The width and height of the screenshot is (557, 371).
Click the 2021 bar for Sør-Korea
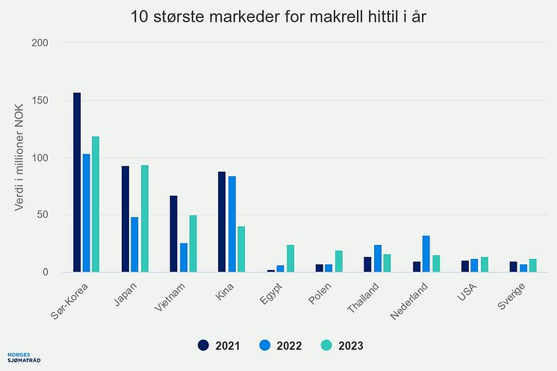(x=77, y=182)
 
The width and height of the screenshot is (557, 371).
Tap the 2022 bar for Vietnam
(x=183, y=258)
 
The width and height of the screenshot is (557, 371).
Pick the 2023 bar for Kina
(x=240, y=249)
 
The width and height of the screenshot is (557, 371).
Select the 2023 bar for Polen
(x=337, y=261)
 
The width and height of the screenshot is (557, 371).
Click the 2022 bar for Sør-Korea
(x=87, y=213)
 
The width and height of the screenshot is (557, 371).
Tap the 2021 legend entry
(x=219, y=345)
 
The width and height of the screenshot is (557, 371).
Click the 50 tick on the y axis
(x=43, y=215)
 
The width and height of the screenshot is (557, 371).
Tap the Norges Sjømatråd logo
(x=23, y=359)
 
